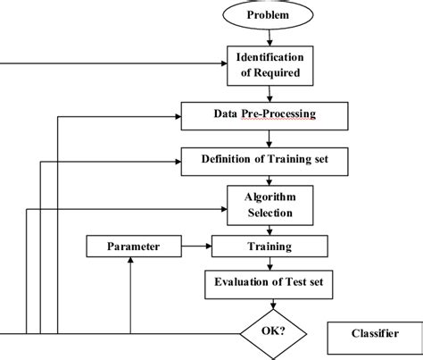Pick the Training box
[x=269, y=244]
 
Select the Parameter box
[x=131, y=244]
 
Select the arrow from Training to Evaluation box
[x=269, y=261]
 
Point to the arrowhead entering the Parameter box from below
[x=131, y=258]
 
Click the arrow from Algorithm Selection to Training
[x=269, y=228]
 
